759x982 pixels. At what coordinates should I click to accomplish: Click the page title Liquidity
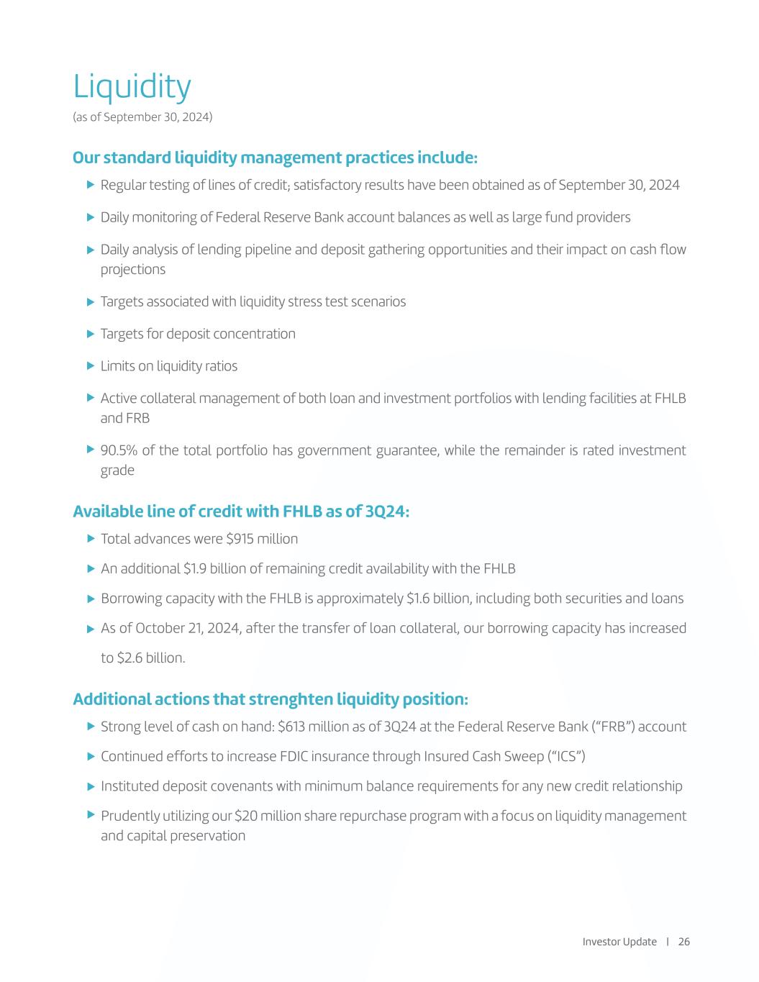point(132,88)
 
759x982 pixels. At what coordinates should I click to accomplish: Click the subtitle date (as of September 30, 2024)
point(142,117)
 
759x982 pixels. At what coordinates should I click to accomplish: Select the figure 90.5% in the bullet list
point(119,450)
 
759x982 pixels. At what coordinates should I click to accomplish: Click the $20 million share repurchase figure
point(264,816)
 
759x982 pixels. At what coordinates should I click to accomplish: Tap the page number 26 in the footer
point(683,942)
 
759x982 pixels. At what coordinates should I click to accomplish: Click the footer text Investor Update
point(619,942)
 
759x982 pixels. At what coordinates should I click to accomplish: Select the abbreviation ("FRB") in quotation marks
point(613,727)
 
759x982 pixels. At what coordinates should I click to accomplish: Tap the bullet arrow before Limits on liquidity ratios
point(91,365)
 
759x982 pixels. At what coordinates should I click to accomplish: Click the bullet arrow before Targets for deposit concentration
point(91,333)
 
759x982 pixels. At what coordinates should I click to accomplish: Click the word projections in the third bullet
point(133,269)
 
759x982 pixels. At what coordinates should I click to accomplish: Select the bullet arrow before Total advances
point(91,538)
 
